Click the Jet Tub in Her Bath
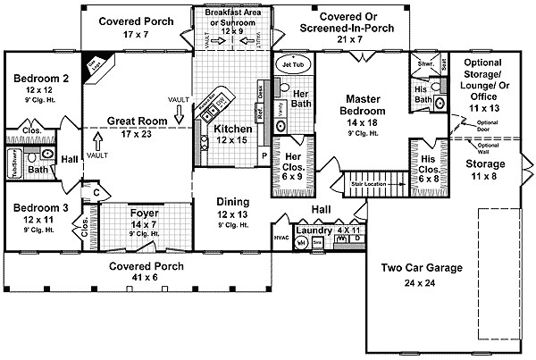293,65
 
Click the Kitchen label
232,128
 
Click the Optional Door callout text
488,123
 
